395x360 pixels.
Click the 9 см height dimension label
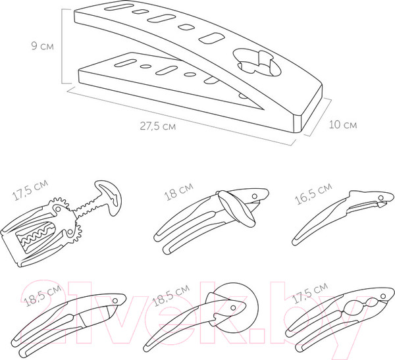coord(42,46)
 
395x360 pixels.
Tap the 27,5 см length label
coord(158,126)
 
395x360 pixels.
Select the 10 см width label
coord(343,124)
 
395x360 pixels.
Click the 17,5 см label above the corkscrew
coord(30,190)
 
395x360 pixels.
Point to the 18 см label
coord(178,192)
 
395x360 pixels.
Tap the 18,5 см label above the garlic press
coord(42,296)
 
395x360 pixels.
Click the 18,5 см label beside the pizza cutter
coord(171,296)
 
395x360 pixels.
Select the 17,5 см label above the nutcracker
coord(309,293)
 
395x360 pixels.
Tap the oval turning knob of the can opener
coord(236,209)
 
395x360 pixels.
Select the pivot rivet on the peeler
coord(381,197)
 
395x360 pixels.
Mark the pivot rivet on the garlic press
coord(115,301)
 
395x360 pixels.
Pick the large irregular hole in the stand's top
coord(257,63)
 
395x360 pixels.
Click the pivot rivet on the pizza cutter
coord(233,308)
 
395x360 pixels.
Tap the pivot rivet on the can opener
coord(255,196)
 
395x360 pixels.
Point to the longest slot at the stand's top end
coord(118,7)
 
